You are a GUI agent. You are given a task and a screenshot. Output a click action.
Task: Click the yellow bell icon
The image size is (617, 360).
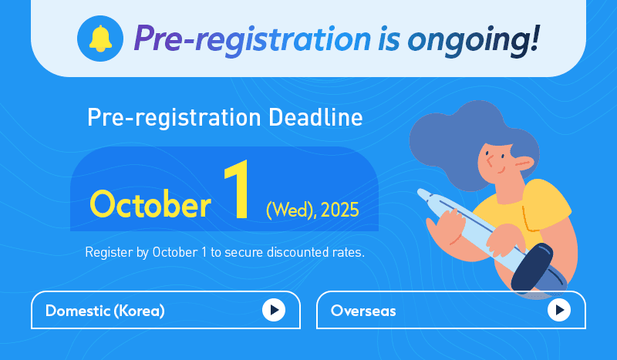(x=100, y=39)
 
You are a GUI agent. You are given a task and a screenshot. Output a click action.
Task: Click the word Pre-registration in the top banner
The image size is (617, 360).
(x=252, y=40)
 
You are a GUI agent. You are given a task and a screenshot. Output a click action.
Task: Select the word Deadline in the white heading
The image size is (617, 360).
(x=315, y=117)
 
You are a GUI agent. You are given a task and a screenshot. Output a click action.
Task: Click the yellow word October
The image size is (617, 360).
(x=150, y=204)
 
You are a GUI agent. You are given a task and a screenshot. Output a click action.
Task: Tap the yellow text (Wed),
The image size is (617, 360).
(x=292, y=210)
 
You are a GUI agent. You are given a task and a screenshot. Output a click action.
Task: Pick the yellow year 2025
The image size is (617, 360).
(x=340, y=210)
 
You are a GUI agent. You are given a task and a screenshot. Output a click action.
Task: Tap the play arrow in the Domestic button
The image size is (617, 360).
(x=274, y=310)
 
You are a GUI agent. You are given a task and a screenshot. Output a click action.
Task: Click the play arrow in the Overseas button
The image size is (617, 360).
(x=558, y=310)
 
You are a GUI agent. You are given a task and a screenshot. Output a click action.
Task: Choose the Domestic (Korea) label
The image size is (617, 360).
(x=105, y=311)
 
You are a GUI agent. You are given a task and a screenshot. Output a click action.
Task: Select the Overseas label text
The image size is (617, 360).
(x=363, y=311)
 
